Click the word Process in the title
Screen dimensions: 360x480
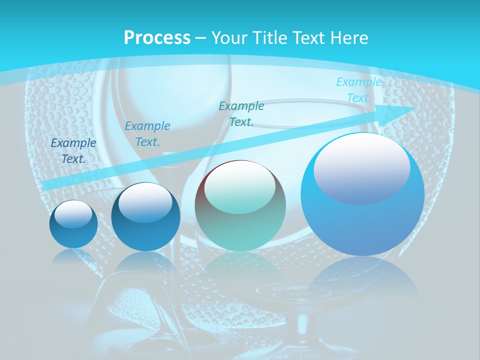157,38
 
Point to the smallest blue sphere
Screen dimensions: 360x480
73,224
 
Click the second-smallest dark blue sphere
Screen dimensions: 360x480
145,217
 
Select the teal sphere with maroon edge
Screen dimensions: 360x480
240,206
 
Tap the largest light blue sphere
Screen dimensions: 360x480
362,195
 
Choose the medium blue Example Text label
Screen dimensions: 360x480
147,134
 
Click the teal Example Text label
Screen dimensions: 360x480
241,114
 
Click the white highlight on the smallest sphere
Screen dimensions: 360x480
73,214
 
